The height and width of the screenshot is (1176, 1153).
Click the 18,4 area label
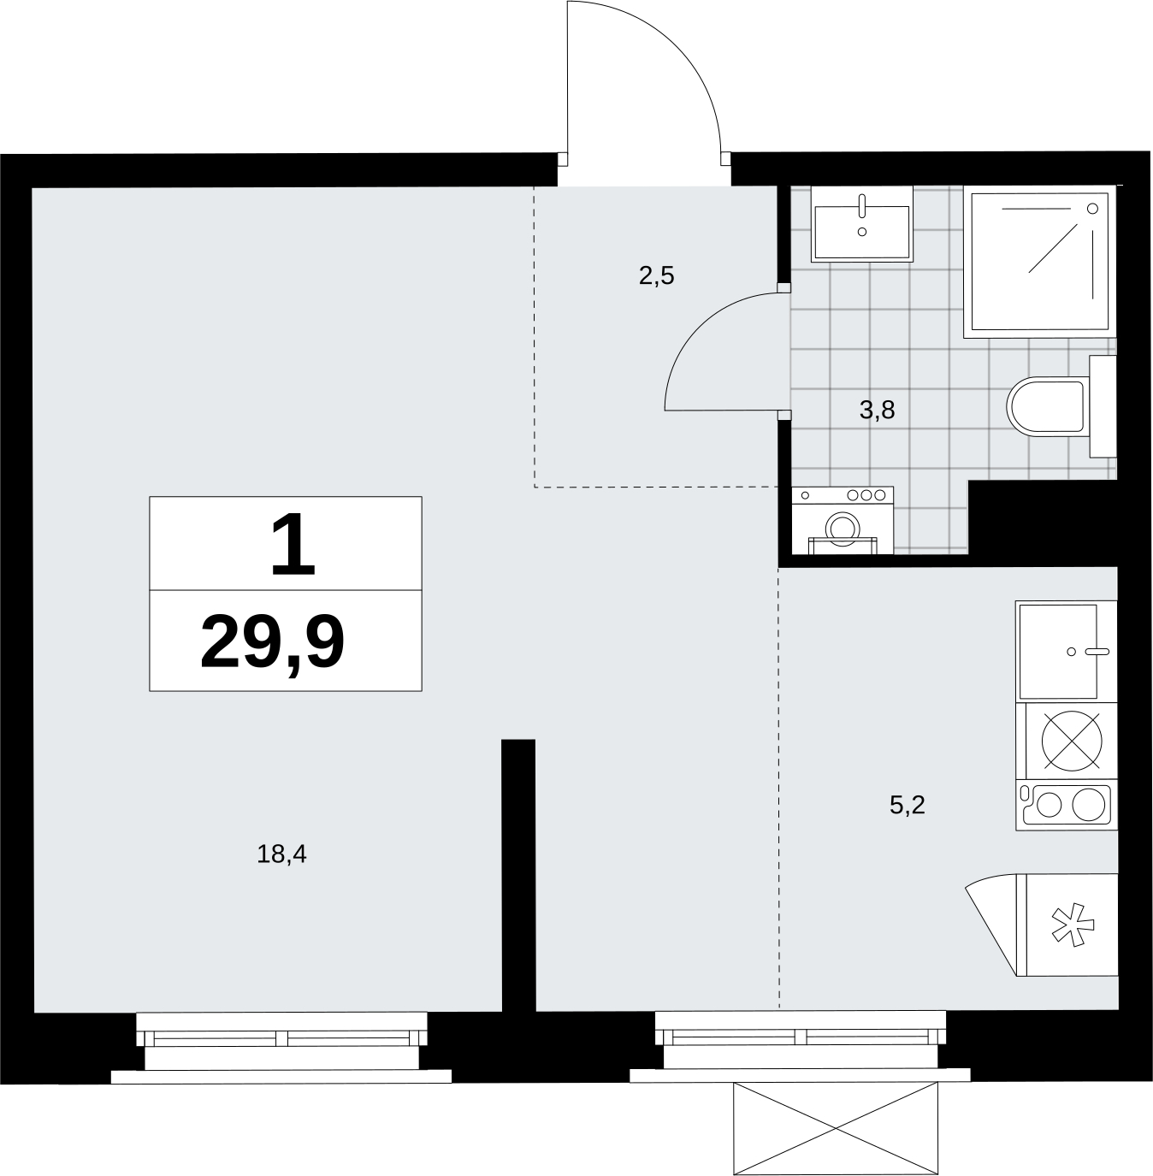point(281,854)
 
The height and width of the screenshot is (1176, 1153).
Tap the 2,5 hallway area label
point(656,276)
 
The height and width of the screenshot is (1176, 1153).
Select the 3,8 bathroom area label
point(877,411)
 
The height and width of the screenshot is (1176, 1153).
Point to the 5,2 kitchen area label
point(907,805)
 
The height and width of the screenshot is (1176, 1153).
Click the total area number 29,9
point(272,644)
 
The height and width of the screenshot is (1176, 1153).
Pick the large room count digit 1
point(293,544)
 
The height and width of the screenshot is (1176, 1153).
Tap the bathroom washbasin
point(862,224)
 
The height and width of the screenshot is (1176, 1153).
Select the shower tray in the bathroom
point(1039,262)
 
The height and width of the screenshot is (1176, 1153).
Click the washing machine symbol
point(843,521)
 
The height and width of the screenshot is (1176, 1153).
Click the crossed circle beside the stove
point(1072,741)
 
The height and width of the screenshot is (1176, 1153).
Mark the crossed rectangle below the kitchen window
point(835,1129)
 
